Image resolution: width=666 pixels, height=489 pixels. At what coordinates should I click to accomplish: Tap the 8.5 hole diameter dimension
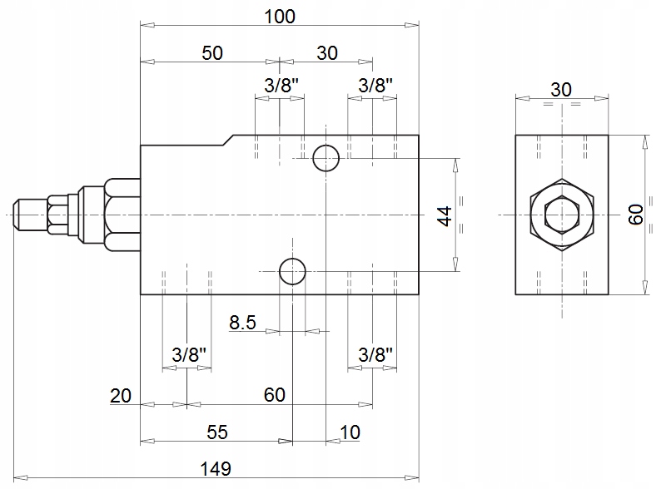[242, 322]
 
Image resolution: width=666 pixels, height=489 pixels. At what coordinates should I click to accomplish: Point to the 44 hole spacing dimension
[445, 215]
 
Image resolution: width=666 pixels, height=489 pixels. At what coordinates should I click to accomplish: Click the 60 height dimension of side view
[635, 215]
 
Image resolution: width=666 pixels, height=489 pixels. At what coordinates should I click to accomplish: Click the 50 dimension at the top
[212, 52]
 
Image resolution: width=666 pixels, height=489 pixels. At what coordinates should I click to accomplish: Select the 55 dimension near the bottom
[216, 432]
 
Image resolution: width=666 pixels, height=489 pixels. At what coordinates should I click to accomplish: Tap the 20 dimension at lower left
[122, 395]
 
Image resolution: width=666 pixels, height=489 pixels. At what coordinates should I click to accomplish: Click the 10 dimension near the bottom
[350, 432]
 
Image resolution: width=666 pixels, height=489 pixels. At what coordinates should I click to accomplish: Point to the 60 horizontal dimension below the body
[275, 395]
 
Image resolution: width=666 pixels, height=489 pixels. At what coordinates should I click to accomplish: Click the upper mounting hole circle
[326, 157]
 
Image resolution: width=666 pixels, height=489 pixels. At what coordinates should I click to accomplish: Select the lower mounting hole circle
[292, 270]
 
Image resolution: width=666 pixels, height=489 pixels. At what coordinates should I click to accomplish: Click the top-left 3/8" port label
[282, 85]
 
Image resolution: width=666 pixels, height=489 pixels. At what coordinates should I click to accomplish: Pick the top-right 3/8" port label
[375, 85]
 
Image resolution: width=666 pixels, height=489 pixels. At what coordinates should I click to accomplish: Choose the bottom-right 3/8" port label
[375, 354]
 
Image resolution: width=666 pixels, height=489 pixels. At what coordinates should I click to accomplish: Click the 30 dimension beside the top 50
[327, 52]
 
